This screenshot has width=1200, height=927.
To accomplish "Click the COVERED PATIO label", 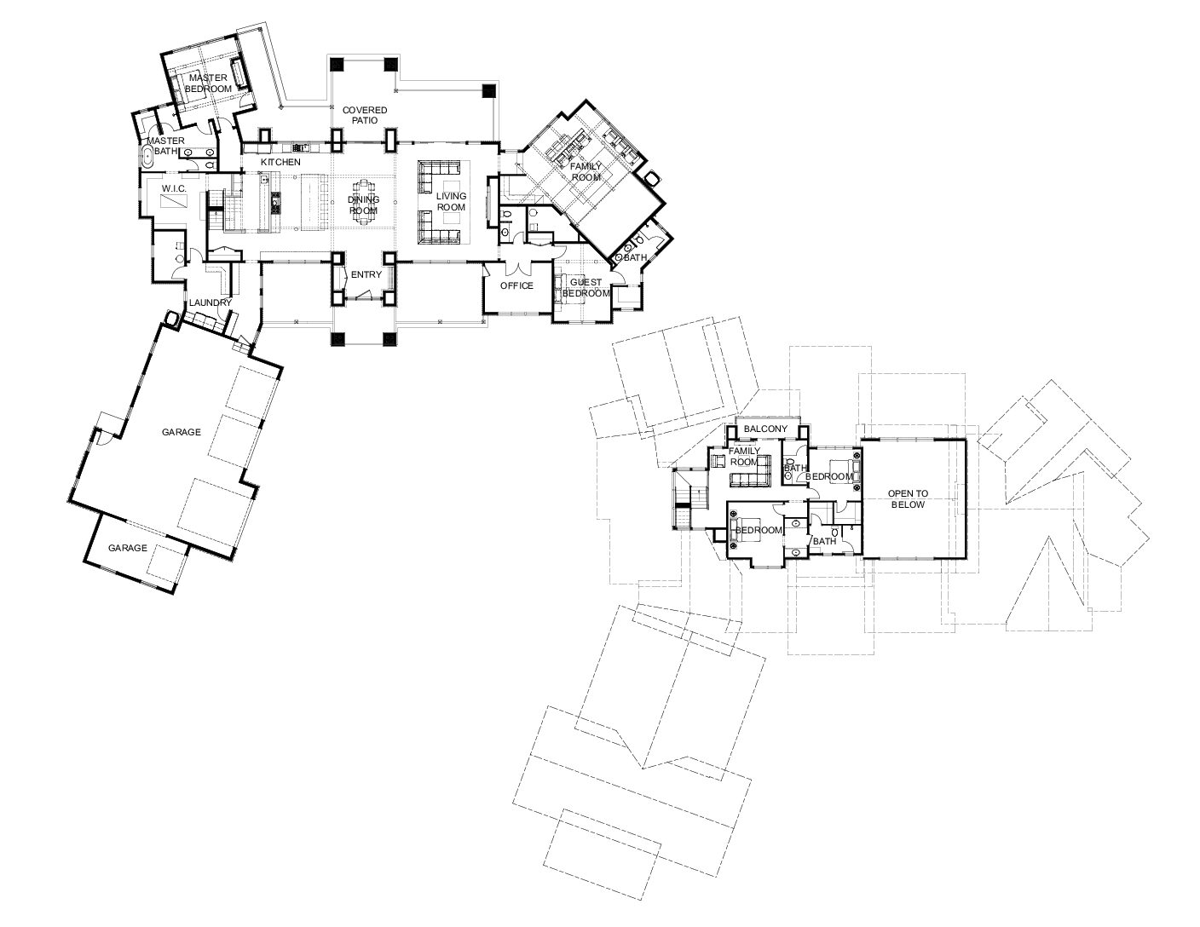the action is pyautogui.click(x=365, y=115).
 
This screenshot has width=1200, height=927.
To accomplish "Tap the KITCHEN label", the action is pyautogui.click(x=280, y=162).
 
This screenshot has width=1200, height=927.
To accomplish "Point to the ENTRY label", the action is pyautogui.click(x=366, y=274).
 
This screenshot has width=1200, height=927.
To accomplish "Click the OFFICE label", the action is pyautogui.click(x=516, y=285).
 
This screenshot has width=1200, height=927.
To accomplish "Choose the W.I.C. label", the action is pyautogui.click(x=174, y=188).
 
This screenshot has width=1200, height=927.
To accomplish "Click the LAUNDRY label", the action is pyautogui.click(x=210, y=302).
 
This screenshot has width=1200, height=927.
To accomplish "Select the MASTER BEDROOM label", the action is pyautogui.click(x=208, y=83).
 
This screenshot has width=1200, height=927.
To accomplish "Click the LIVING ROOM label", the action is pyautogui.click(x=451, y=202).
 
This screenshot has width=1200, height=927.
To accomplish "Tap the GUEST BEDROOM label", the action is pyautogui.click(x=586, y=288).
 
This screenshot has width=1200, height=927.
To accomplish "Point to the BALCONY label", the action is pyautogui.click(x=765, y=429).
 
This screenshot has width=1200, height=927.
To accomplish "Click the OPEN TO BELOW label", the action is pyautogui.click(x=908, y=499).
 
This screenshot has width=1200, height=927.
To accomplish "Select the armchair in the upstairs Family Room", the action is pyautogui.click(x=718, y=460).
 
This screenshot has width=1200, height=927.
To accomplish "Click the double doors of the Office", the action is pyautogui.click(x=516, y=268).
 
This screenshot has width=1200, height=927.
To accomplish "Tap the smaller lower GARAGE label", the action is pyautogui.click(x=128, y=548).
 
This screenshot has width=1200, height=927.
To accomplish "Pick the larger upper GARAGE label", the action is pyautogui.click(x=182, y=432).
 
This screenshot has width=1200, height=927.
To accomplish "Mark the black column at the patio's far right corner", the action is pyautogui.click(x=488, y=90).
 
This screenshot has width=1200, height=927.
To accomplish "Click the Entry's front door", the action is pyautogui.click(x=363, y=297).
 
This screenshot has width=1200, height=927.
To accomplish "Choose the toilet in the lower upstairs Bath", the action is pyautogui.click(x=835, y=533).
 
